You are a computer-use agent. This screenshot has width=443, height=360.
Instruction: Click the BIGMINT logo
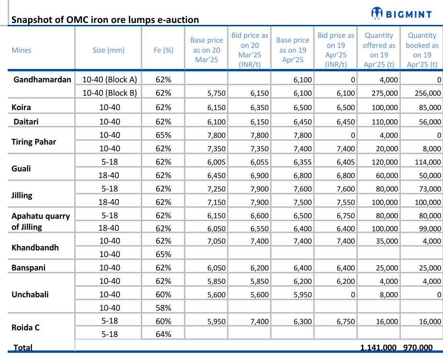pos(401,14)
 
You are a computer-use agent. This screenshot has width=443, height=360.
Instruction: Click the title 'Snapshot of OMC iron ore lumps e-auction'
pos(105,20)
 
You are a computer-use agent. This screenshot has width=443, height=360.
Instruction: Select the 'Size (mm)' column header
pos(108,50)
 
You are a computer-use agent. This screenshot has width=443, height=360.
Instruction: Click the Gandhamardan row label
pos(43,79)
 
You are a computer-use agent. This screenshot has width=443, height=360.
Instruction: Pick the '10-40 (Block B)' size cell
pos(110,93)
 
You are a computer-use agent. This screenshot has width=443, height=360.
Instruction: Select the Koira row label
pos(21,107)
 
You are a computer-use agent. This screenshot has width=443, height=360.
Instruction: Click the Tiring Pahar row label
pos(34,142)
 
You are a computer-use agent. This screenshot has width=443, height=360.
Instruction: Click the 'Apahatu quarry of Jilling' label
pos(41,221)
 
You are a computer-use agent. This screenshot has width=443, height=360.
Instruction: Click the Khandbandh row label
pos(35,247)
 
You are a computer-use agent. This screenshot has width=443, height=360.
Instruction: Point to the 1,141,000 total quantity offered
pos(378,348)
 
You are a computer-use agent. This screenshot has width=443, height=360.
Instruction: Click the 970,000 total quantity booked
pos(418,348)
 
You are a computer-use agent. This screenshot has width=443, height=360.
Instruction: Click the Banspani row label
pos(28,268)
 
